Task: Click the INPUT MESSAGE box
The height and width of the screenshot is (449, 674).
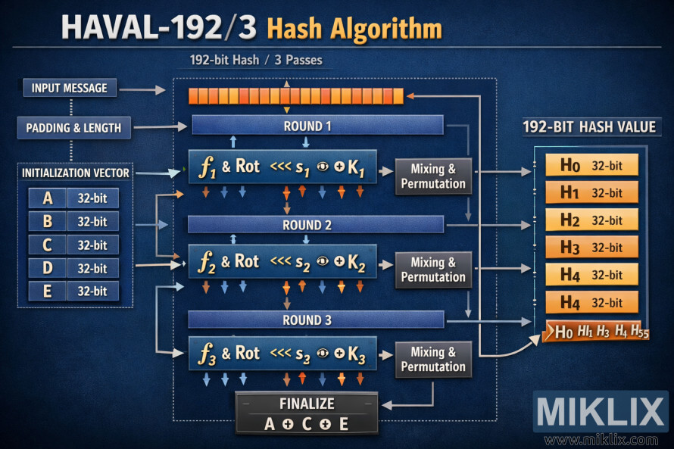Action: point(70,88)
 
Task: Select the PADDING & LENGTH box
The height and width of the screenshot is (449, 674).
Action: point(73,127)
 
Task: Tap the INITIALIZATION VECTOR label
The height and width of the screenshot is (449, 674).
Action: point(75,173)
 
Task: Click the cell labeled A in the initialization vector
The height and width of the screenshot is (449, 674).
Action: point(48,198)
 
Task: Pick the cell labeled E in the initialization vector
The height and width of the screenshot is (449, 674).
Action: point(48,292)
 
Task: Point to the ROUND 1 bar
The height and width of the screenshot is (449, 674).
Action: point(317,126)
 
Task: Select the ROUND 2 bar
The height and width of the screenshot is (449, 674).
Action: point(316,225)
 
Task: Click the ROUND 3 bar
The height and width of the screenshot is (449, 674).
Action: point(316,320)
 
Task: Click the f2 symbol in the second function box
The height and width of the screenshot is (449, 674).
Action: point(207,262)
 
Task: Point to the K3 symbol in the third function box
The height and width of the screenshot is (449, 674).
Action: point(357,354)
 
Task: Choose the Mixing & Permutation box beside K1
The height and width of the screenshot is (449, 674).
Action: point(433,176)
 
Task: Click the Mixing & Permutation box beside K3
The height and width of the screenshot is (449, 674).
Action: point(433,359)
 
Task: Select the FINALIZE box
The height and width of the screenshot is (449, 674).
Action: point(306,413)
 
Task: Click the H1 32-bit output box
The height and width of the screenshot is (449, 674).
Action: point(591,192)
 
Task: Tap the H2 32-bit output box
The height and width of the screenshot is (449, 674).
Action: point(591,220)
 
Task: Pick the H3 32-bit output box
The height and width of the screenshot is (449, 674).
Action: point(591,248)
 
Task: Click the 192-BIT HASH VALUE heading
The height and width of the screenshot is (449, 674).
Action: point(589,127)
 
